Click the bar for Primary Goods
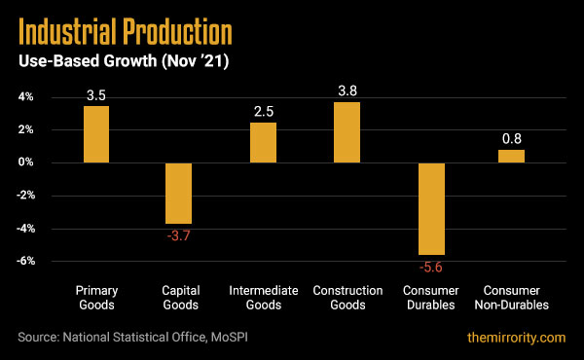95,133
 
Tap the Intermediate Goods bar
263,142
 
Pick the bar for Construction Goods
347,131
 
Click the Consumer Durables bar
431,208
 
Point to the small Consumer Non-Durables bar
511,156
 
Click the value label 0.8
511,139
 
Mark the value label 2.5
263,112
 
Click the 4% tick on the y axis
25,97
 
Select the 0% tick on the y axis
25,162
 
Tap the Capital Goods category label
179,297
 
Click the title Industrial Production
126,32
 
